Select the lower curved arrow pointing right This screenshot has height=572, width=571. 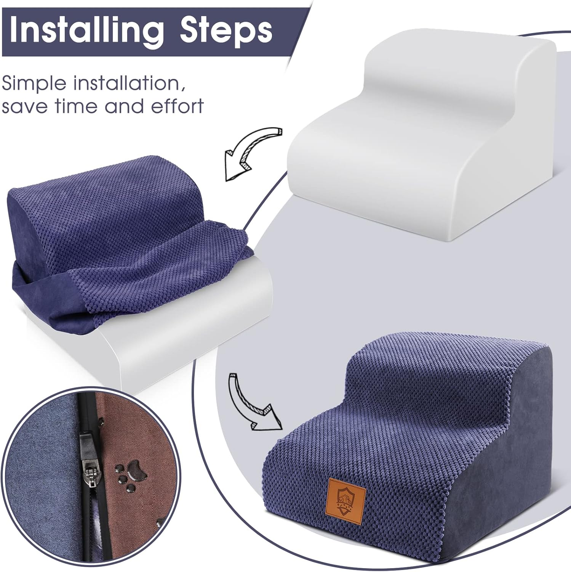click(x=251, y=404)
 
